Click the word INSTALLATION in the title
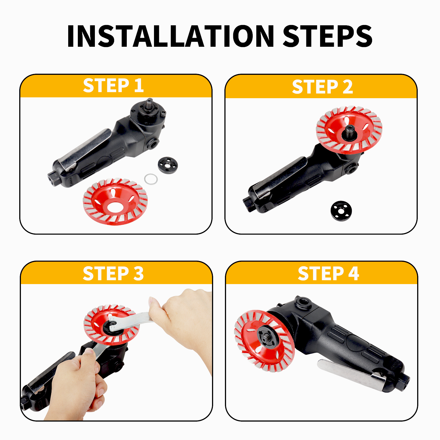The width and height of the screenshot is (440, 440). (170, 36)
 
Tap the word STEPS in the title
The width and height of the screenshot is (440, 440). (328, 36)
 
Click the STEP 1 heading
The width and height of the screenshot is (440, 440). (113, 86)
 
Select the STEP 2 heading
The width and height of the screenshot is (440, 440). (322, 87)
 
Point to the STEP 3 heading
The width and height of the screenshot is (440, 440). (113, 274)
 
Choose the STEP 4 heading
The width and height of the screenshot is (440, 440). (328, 274)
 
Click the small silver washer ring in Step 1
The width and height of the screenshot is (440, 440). (151, 179)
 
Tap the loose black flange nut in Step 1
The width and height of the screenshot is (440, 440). (168, 165)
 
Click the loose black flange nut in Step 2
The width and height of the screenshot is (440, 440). (341, 211)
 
